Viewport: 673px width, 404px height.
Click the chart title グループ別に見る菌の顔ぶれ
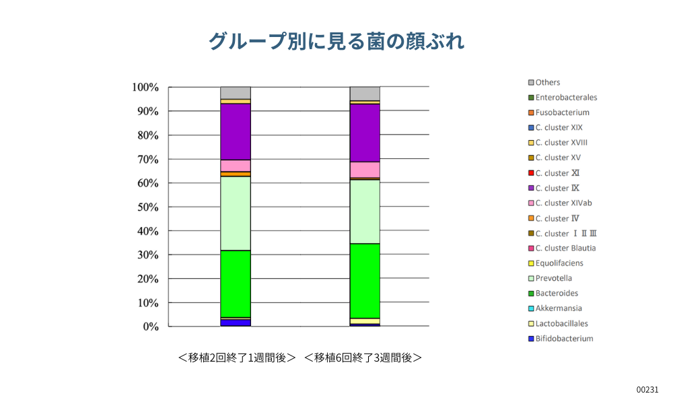click(336, 41)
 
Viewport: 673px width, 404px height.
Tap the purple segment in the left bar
click(236, 131)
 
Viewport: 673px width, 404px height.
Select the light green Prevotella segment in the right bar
click(365, 211)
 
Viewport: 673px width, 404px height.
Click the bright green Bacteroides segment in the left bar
click(236, 283)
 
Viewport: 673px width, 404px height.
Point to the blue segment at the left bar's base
click(236, 323)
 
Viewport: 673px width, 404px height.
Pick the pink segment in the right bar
click(365, 169)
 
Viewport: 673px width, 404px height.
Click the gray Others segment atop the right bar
click(365, 94)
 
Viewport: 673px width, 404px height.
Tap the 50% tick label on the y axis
click(145, 207)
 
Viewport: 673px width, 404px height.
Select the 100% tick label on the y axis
click(145, 88)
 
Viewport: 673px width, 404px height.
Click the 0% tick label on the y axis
click(148, 327)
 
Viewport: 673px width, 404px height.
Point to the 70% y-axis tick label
click(145, 159)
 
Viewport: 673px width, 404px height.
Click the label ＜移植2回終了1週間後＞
click(237, 358)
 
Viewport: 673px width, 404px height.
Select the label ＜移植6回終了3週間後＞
click(363, 358)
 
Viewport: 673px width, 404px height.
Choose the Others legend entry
click(547, 82)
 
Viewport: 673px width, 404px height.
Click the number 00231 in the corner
click(647, 390)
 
